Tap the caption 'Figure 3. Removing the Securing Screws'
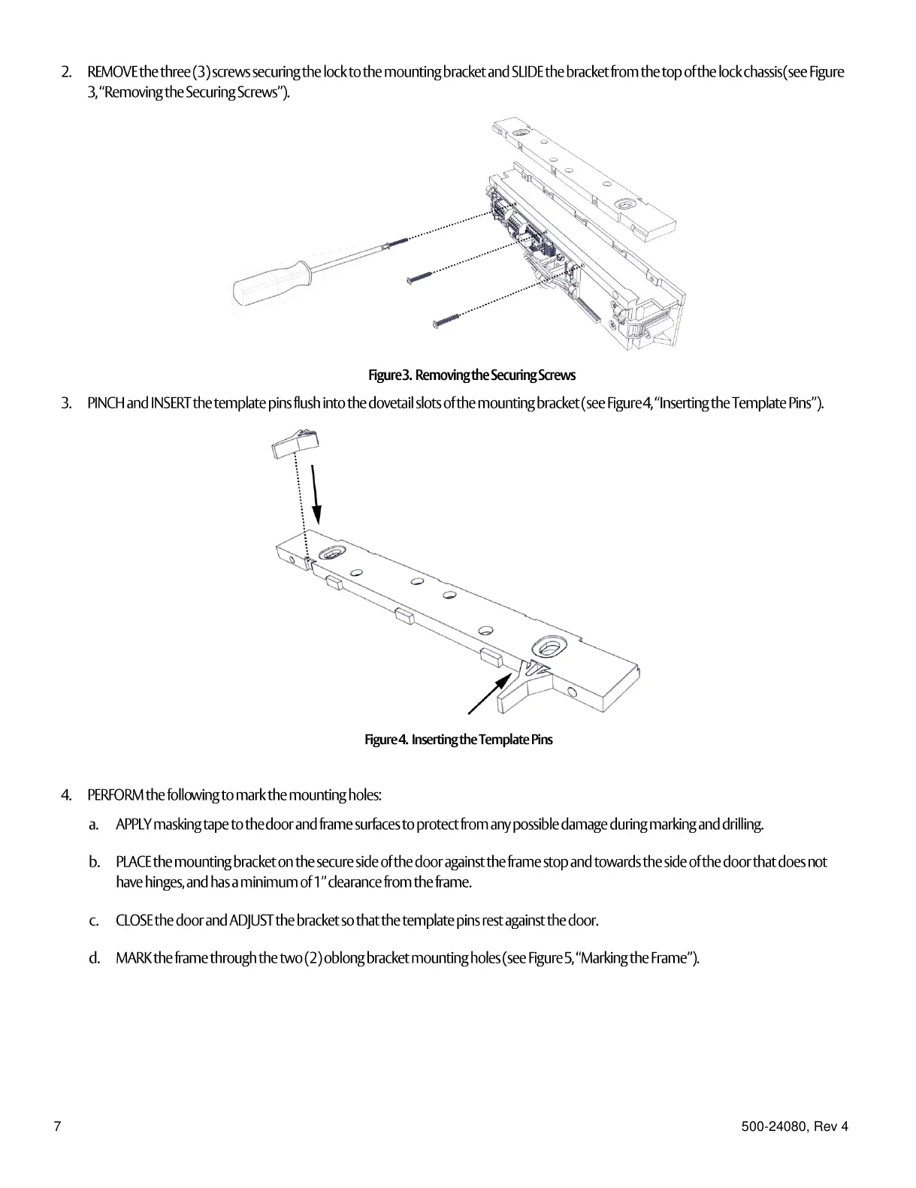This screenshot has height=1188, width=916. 471,375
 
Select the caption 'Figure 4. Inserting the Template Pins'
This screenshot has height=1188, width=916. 458,740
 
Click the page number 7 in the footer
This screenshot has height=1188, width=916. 56,1126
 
